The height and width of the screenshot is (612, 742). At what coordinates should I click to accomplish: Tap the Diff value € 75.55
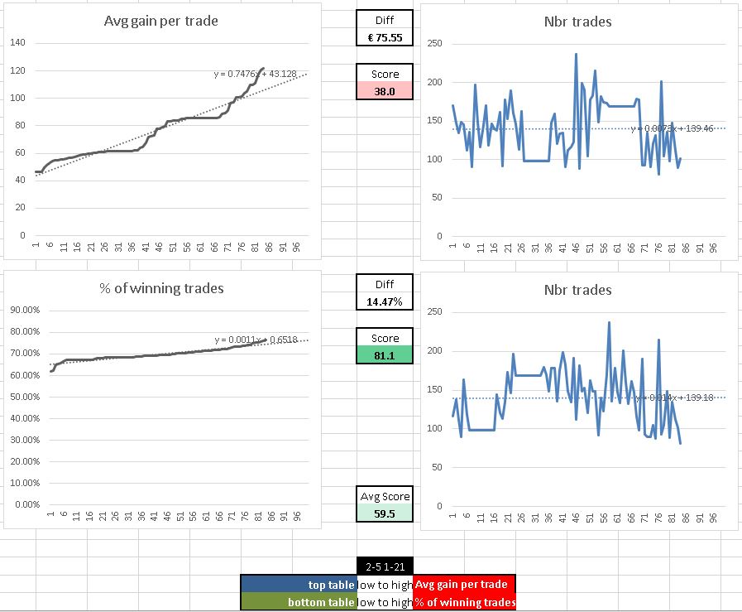click(384, 37)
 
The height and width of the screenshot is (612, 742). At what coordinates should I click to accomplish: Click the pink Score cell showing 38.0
click(384, 91)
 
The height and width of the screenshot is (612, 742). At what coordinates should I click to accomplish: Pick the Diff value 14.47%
click(384, 301)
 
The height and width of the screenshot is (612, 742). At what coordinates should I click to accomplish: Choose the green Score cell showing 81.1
click(384, 354)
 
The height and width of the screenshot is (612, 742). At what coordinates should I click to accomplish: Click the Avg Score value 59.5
click(384, 513)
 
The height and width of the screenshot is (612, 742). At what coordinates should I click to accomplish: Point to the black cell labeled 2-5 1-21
click(384, 566)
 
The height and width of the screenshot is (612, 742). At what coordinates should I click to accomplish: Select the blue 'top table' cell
click(299, 585)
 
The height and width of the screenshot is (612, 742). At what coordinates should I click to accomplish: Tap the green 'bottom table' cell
click(299, 602)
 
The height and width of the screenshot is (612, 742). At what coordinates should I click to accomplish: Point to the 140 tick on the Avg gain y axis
click(18, 43)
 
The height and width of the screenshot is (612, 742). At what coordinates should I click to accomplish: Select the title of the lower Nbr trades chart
click(578, 290)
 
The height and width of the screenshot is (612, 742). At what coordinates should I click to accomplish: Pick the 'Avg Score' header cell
click(384, 496)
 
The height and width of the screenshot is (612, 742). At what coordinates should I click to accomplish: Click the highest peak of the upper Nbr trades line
click(576, 55)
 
